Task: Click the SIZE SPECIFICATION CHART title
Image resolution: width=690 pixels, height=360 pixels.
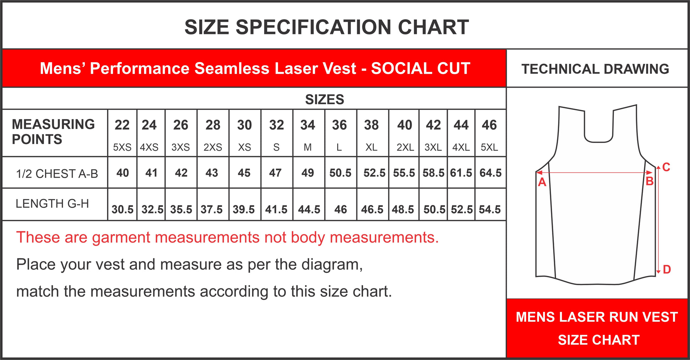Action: coord(327,27)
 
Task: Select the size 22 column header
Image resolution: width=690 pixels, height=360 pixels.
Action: coord(122,125)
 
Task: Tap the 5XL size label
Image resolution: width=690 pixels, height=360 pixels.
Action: coord(489,147)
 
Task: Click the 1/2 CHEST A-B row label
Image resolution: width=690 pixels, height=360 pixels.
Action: coord(57,174)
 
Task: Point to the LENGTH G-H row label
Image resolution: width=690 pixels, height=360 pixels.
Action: coord(52,204)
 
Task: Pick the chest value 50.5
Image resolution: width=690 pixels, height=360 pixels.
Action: coord(340,173)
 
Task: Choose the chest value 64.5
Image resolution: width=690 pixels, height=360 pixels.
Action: coord(491,173)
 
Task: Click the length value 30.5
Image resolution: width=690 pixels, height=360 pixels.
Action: coord(123,209)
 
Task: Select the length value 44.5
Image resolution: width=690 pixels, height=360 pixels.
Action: coord(309,209)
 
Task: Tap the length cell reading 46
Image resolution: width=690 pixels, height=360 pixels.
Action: coord(341,209)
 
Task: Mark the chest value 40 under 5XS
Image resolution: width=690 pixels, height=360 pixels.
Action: coord(123,173)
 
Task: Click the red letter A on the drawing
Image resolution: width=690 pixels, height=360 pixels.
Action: coord(542,182)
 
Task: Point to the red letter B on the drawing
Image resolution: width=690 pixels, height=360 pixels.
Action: coord(650,181)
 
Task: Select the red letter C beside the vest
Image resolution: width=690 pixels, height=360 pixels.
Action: coord(666,167)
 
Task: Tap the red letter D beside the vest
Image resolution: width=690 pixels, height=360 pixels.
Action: coord(667,270)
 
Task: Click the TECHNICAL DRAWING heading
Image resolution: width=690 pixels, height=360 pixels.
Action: coord(595,69)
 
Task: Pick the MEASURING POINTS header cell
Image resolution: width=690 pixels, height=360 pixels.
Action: coord(53,132)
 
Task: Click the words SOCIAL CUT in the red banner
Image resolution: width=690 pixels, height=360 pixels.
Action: coord(421,68)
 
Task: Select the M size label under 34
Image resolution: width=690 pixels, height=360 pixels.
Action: coord(308,147)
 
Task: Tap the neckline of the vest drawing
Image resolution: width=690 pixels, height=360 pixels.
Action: coord(599,142)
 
